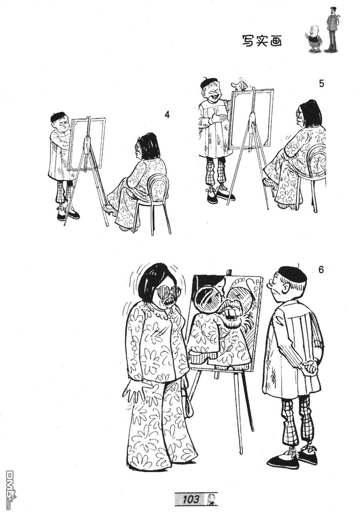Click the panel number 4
[167, 115]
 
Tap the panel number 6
[321, 270]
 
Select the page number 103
[191, 499]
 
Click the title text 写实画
[262, 40]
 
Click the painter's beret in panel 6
[292, 274]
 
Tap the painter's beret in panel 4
[58, 116]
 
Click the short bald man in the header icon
[315, 39]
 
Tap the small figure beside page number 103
[210, 499]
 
